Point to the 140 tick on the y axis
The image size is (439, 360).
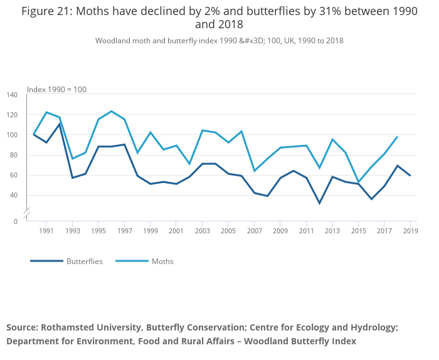tap(13, 95)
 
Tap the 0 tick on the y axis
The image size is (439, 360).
tap(16, 221)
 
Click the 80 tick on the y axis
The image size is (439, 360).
tap(13, 155)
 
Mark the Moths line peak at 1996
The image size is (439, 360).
tap(111, 111)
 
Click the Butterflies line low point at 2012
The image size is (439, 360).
tap(319, 203)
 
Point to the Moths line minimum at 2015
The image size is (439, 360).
tap(358, 182)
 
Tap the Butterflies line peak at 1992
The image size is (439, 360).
tap(60, 124)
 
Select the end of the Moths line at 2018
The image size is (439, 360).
tap(397, 137)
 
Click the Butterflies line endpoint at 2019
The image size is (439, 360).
tap(410, 176)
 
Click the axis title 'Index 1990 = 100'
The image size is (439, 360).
tap(56, 90)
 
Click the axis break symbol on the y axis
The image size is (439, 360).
tap(26, 214)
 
